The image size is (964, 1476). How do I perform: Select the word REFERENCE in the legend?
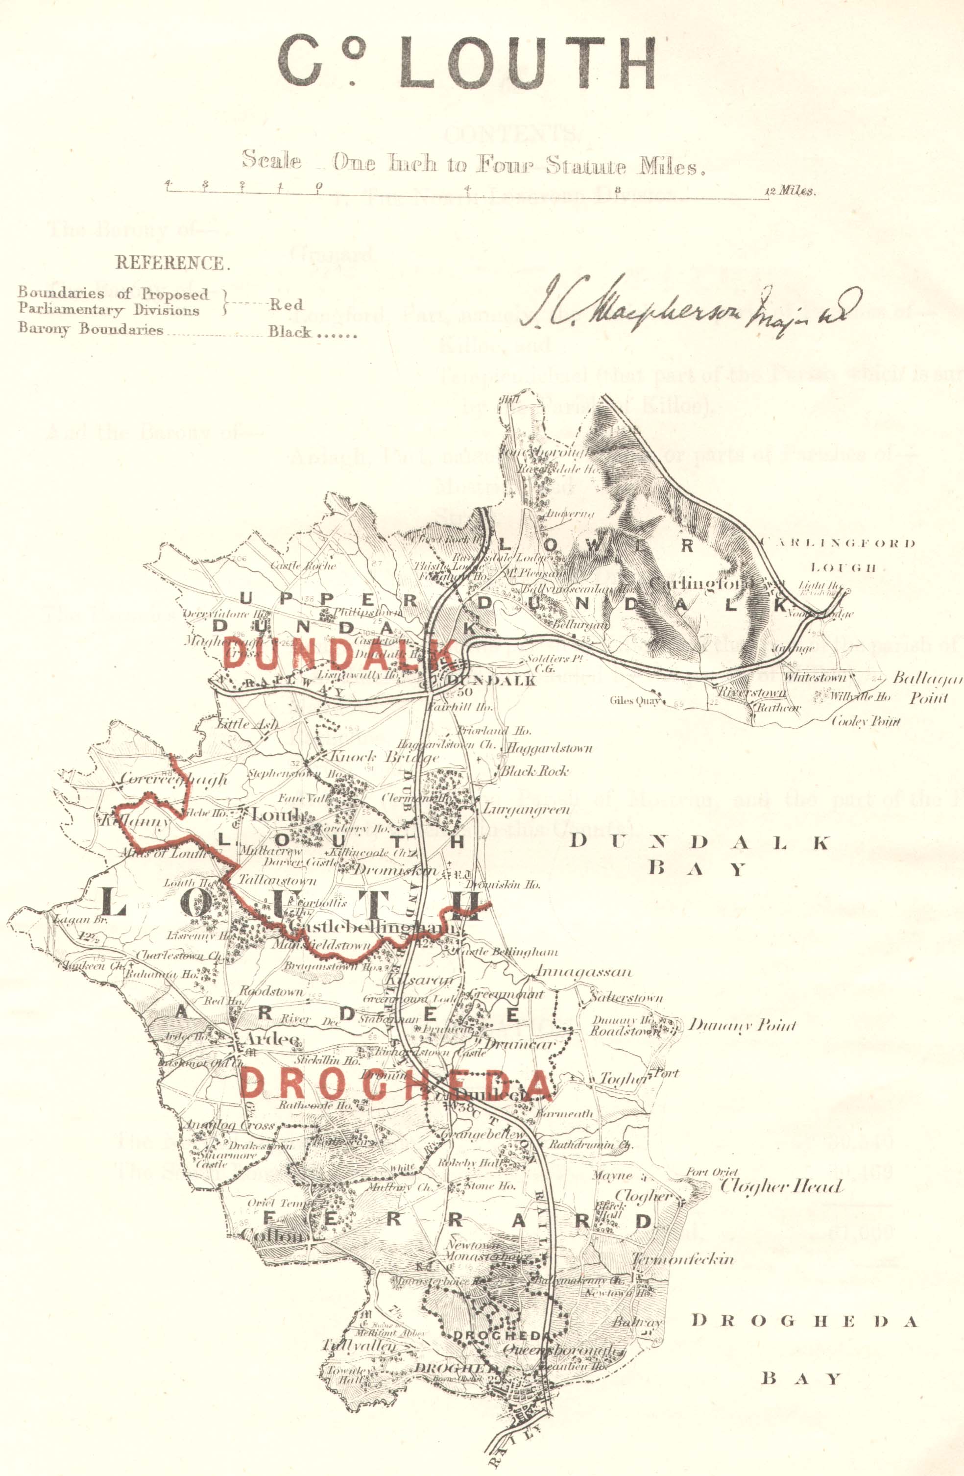click(x=172, y=263)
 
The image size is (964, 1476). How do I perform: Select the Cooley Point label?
click(x=865, y=721)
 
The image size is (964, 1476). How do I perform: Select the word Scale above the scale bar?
click(x=271, y=160)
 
